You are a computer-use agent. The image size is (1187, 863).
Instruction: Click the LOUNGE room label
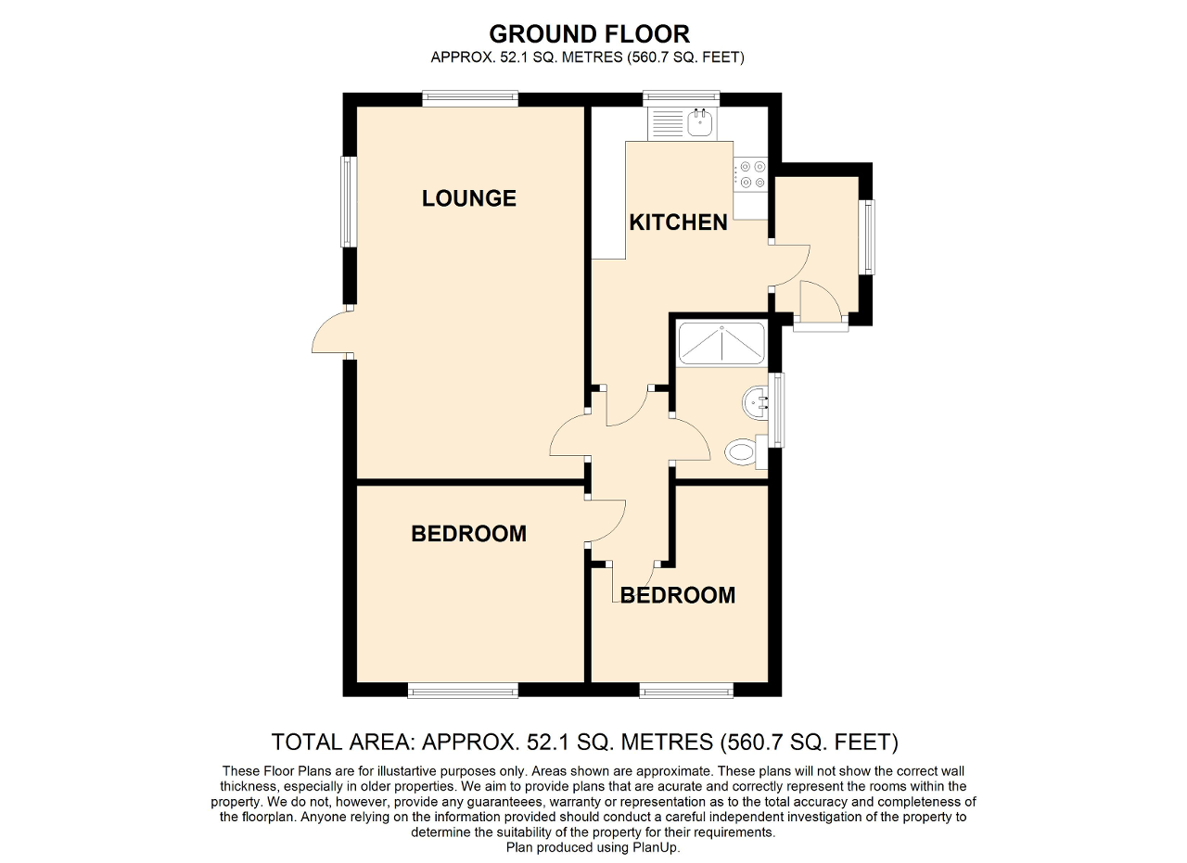[x=468, y=198]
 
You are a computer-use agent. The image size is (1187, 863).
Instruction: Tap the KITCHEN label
[x=678, y=222]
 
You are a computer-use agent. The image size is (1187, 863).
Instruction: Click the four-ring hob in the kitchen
[x=751, y=174]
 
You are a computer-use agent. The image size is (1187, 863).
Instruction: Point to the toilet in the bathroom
[x=742, y=453]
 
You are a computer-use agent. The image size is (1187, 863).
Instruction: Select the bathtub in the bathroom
[x=721, y=343]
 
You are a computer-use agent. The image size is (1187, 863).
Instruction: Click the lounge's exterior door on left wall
[x=332, y=332]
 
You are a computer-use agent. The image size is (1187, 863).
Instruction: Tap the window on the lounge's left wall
[x=348, y=201]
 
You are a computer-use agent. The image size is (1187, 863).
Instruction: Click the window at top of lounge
[x=469, y=98]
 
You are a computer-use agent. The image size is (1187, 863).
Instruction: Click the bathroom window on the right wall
[x=777, y=410]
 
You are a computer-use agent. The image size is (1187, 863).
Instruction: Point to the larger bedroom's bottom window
[x=463, y=690]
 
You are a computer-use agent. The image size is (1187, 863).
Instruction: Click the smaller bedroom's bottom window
[x=686, y=690]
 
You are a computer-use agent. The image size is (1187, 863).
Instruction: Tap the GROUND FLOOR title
[x=589, y=34]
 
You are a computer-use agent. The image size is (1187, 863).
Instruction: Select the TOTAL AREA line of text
[x=584, y=742]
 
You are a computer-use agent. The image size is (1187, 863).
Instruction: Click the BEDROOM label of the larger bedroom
[x=468, y=534]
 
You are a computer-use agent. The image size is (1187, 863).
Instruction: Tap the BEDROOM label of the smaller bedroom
[x=678, y=595]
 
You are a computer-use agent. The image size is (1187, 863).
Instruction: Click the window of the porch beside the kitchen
[x=867, y=236]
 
